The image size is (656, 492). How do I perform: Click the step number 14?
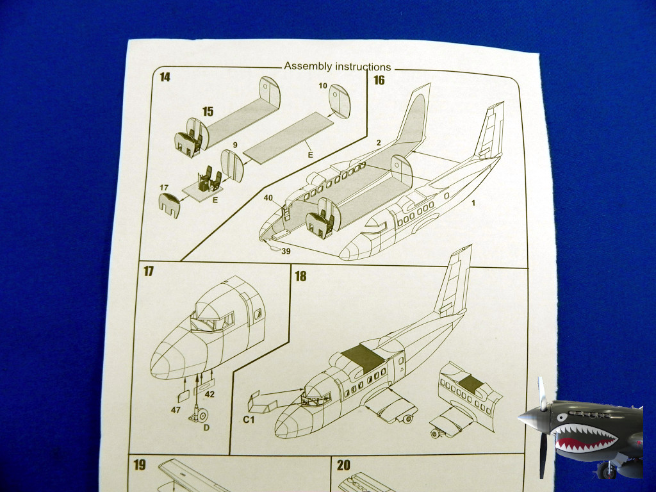click(165, 78)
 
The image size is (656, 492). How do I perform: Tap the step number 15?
click(208, 111)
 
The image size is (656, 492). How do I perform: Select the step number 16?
click(379, 79)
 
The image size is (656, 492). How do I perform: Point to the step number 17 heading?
click(149, 272)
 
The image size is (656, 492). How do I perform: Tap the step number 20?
click(343, 466)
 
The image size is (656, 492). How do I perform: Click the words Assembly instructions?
click(337, 67)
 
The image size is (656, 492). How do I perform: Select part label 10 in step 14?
click(322, 86)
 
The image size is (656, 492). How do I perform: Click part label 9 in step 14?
click(235, 145)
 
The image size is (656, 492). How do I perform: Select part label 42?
click(209, 395)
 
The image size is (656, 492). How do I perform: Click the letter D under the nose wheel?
click(206, 427)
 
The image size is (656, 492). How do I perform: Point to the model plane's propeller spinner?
click(530, 418)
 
